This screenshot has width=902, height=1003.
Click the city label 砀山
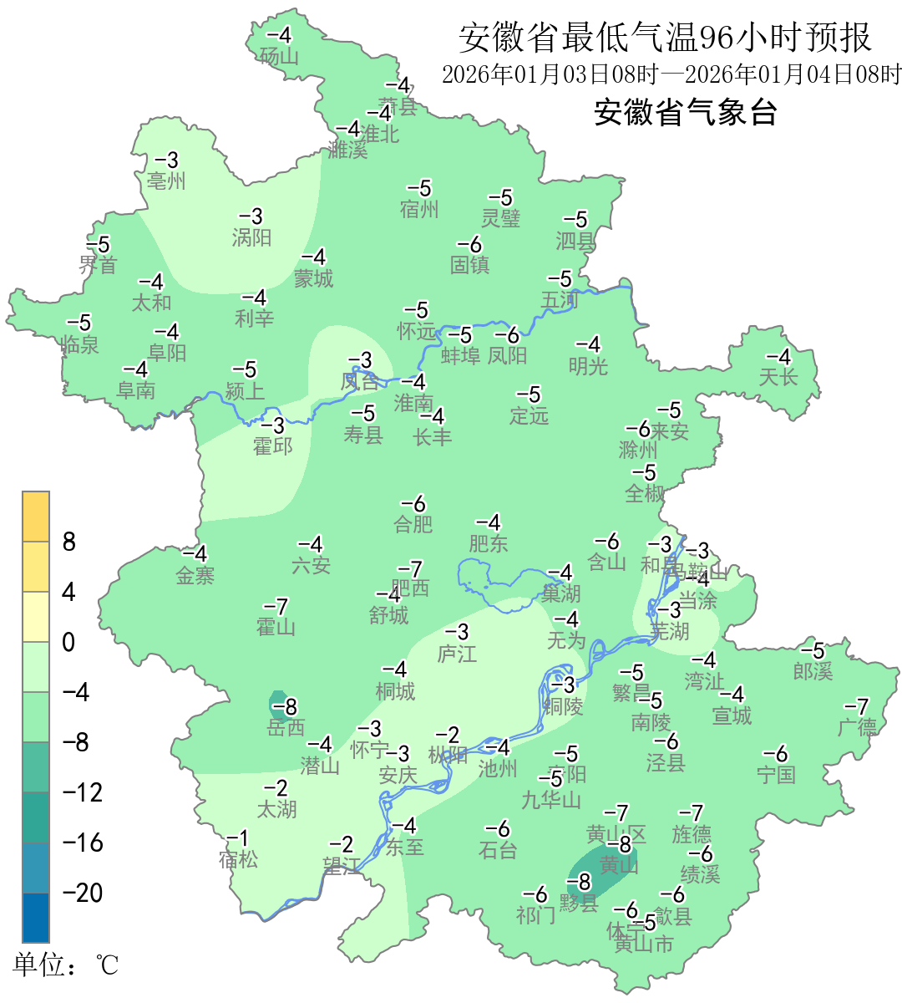click(279, 57)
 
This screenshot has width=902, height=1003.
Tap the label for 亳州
click(166, 181)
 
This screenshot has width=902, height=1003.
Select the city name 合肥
click(413, 524)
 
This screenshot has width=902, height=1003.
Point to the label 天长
click(778, 377)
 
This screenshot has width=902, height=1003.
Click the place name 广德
click(858, 727)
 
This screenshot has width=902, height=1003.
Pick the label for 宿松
click(238, 859)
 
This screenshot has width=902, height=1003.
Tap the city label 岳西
click(286, 728)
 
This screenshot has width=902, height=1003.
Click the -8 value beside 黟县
click(583, 882)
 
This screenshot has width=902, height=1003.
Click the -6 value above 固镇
click(470, 244)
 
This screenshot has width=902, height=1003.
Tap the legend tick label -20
click(84, 893)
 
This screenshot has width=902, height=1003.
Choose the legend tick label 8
click(69, 542)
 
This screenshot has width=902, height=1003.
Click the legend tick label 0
click(68, 643)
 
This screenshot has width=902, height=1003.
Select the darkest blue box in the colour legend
click(36, 918)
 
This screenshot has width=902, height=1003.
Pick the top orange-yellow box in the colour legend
click(36, 517)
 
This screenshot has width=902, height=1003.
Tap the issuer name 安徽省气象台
click(686, 112)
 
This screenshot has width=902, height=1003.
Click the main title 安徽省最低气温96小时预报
click(665, 38)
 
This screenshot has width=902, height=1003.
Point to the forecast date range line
click(671, 74)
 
